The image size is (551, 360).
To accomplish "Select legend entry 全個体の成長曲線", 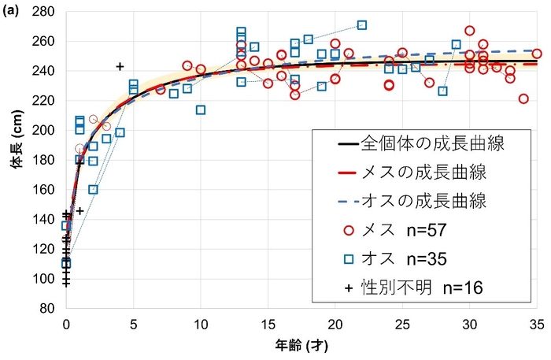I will [x=432, y=144].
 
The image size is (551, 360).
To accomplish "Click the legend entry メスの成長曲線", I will [x=432, y=173].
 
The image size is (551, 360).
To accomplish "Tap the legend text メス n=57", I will [x=405, y=231].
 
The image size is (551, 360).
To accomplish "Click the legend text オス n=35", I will [x=405, y=259].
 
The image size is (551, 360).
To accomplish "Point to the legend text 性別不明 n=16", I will [x=418, y=288].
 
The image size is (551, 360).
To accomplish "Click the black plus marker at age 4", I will [x=120, y=66].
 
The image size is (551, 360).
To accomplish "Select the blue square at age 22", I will [x=362, y=25].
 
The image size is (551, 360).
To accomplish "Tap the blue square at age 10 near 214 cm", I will [x=201, y=109].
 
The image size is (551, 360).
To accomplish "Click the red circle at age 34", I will [x=523, y=99].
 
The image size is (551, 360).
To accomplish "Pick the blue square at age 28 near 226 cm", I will [x=442, y=91].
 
